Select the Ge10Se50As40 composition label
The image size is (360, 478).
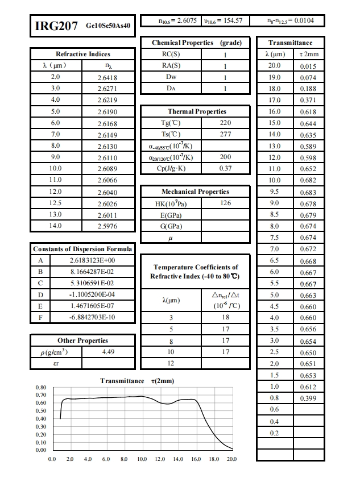point(109,26)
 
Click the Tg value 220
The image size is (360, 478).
point(225,123)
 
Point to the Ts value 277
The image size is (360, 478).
point(225,135)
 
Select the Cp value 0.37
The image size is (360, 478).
point(225,169)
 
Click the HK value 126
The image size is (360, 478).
point(225,203)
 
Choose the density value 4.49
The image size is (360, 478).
point(108,352)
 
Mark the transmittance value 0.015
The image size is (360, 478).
point(308,66)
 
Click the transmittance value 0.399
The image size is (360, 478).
point(308,398)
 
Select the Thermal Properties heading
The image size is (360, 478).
point(197,111)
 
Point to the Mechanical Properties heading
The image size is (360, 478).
point(196,192)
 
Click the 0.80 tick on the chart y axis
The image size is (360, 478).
point(40,387)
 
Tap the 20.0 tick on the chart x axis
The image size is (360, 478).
point(231,458)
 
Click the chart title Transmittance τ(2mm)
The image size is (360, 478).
point(137,381)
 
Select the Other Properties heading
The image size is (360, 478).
point(82,340)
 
